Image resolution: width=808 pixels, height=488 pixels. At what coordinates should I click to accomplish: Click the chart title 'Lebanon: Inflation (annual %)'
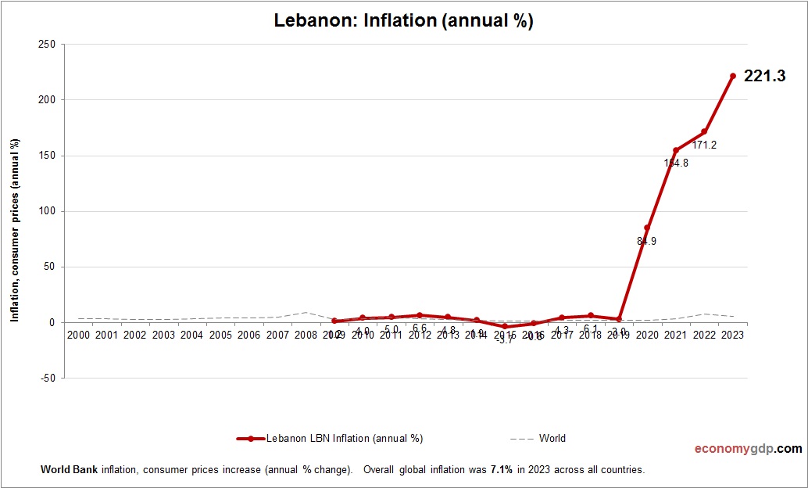coord(403,21)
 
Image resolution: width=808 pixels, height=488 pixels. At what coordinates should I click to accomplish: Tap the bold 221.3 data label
coord(763,76)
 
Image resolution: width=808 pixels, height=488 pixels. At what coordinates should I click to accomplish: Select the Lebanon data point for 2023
coord(733,76)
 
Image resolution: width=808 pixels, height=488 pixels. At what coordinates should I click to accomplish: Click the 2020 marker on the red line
coord(647,228)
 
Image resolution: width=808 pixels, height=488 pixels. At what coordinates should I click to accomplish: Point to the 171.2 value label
coord(704,145)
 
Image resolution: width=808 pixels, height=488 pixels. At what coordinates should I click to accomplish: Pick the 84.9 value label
coord(646,242)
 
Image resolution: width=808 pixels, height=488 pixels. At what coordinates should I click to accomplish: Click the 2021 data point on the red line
coord(676,150)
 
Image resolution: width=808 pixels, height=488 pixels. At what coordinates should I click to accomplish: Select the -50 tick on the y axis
coord(48,378)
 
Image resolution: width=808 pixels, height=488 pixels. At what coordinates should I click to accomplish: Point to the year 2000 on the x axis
coord(78,335)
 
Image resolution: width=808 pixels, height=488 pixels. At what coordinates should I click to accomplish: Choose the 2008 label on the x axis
coord(306,335)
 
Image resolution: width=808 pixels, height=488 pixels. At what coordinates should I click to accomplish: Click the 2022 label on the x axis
coord(704,335)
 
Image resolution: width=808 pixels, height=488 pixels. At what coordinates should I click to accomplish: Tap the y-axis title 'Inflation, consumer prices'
coord(14,231)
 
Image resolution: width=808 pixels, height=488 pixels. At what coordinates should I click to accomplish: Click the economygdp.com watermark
coord(748,449)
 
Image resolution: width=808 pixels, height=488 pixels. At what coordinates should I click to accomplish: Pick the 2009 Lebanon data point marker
coord(334,321)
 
